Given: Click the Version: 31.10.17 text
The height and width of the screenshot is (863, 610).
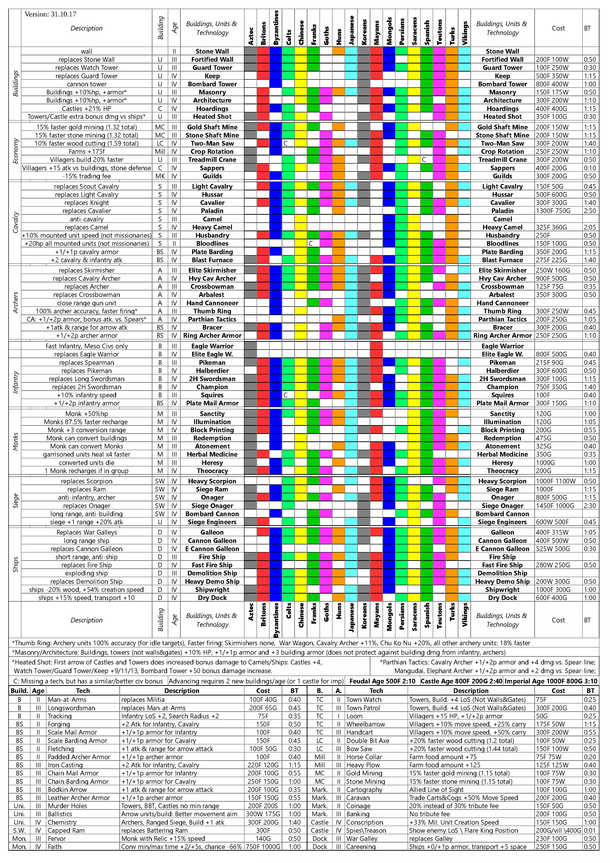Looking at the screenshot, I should [50, 14].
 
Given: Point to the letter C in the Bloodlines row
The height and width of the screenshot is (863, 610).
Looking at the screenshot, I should [310, 244].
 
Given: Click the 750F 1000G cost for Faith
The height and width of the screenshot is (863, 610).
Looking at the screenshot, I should [263, 847].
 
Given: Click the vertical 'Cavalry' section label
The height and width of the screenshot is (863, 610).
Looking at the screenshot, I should [15, 223].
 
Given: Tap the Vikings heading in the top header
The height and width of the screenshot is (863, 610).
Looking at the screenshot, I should [465, 33].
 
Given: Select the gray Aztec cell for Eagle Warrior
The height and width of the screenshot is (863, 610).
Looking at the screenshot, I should [251, 346].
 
